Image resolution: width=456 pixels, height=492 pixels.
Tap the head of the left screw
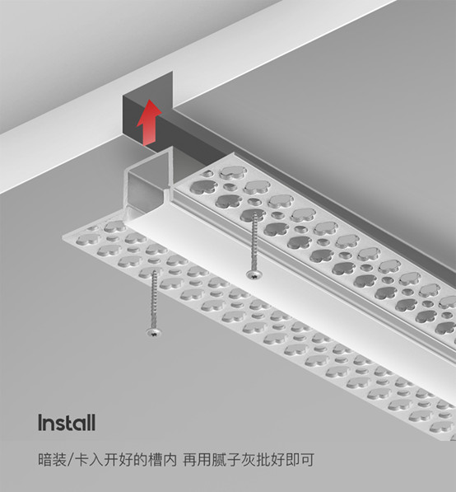154,331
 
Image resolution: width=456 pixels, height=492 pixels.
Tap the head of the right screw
254,275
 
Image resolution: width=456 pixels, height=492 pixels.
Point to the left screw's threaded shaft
154,299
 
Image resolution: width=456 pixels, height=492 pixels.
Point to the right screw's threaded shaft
254,241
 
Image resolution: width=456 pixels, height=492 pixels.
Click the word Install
67,422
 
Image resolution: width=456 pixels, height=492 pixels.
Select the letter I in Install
40,422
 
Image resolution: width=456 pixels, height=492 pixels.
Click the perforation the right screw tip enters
253,214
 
